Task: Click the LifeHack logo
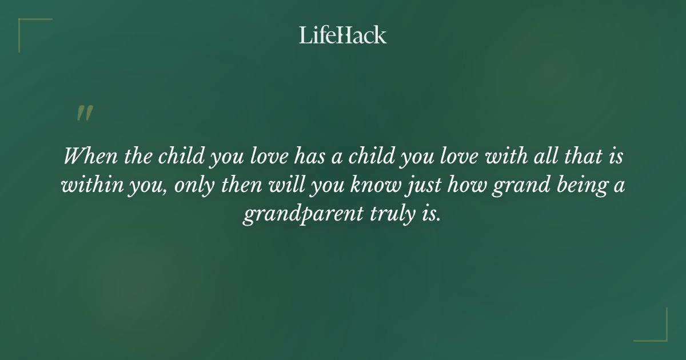[343, 35]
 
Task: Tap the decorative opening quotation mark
[84, 113]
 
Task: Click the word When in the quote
[91, 157]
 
